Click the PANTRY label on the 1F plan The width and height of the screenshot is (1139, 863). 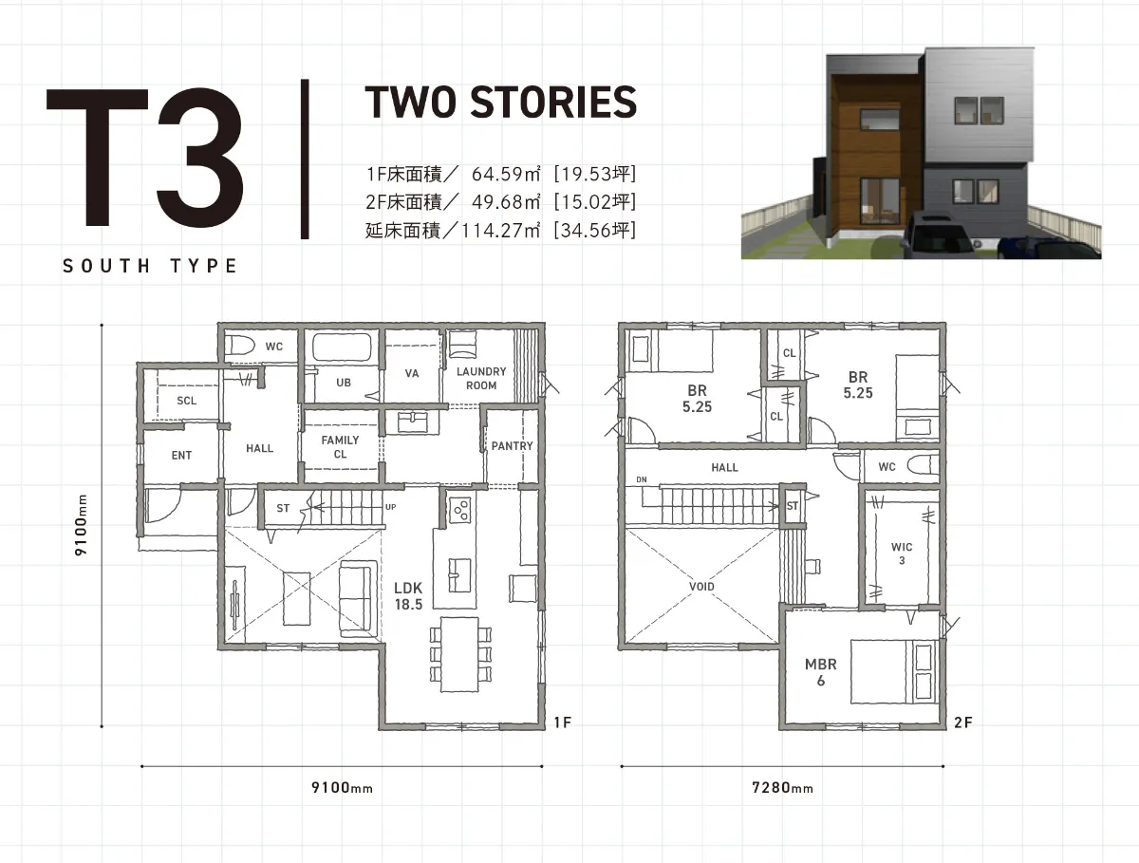coord(512,446)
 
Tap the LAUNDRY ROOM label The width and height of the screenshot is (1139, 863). coord(481,378)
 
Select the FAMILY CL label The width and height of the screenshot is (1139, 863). coord(340,447)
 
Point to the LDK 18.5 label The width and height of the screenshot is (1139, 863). coord(408,595)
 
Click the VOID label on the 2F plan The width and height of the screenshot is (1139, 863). coord(701,587)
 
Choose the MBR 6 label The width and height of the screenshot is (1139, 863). coord(820,672)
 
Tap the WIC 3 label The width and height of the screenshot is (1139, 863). coord(902,553)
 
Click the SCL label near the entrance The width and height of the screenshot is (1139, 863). coord(186,401)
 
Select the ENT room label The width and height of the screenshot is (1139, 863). coord(181,455)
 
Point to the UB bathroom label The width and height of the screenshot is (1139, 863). coord(343,383)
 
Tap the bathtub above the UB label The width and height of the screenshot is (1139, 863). coord(342,347)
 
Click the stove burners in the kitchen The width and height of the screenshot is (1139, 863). coord(459,510)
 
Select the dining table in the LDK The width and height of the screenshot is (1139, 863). coord(459,654)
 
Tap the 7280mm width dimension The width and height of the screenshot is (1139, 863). coord(782,788)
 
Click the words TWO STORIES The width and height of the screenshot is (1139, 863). coord(501,103)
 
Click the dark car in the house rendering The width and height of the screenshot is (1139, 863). coord(938,235)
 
